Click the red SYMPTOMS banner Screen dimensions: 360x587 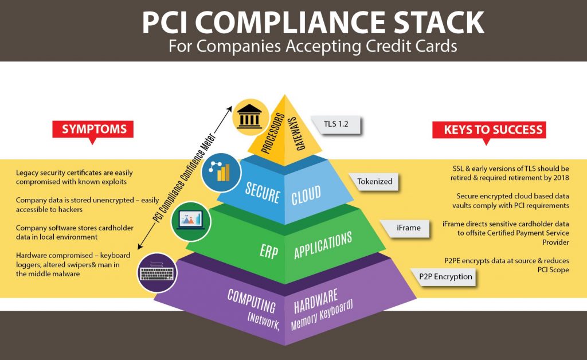(x=93, y=129)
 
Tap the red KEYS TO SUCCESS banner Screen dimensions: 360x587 (x=489, y=130)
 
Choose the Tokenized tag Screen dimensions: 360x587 (x=374, y=181)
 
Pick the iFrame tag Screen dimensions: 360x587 (x=408, y=228)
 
